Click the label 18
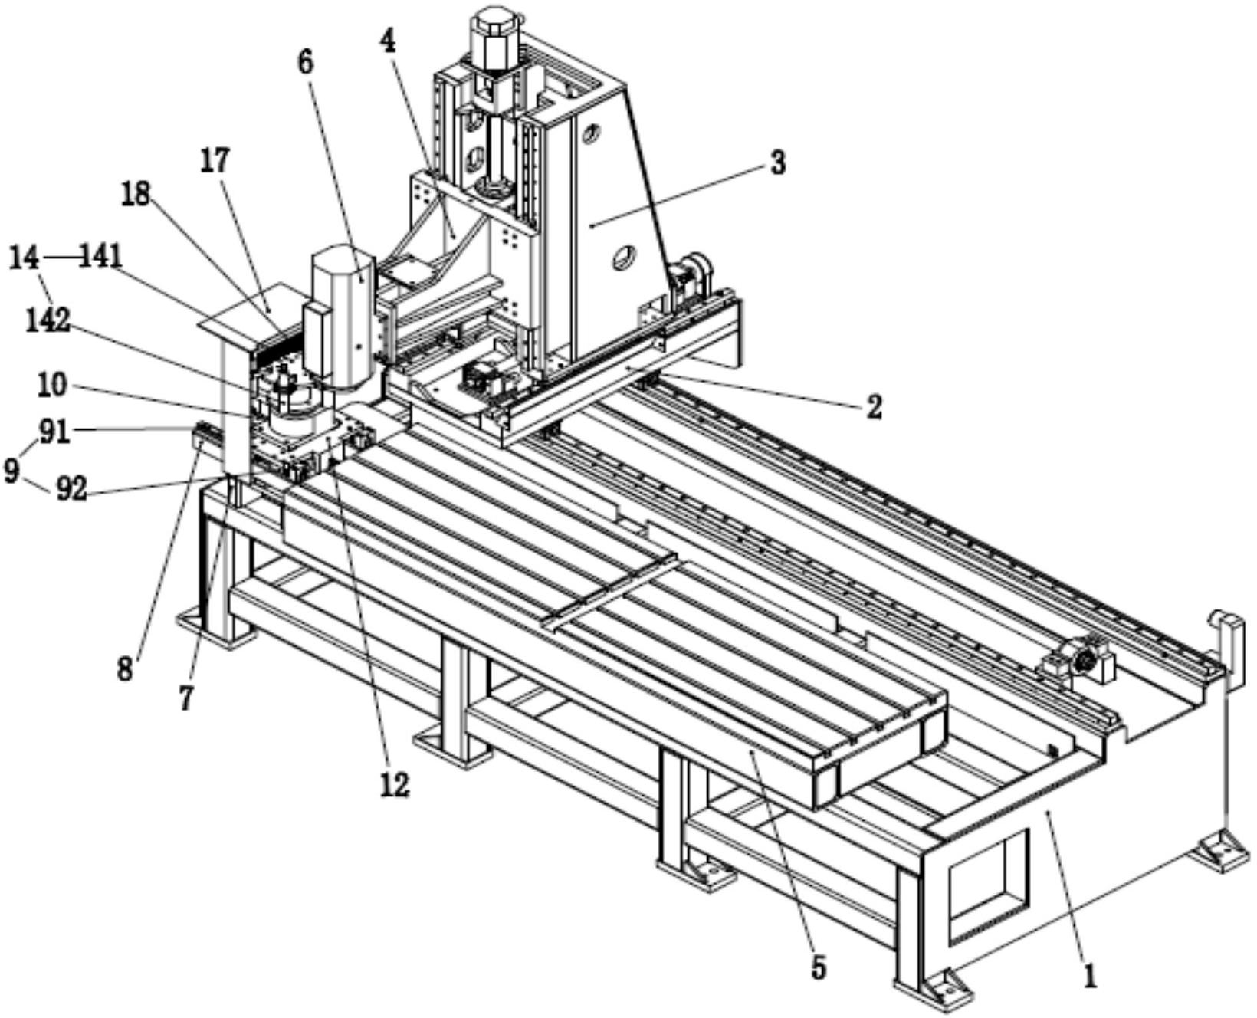(x=136, y=195)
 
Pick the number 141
(x=102, y=258)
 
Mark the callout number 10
(x=53, y=386)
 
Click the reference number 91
(x=54, y=432)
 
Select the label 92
(x=72, y=490)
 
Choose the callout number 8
(x=125, y=669)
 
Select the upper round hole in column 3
(x=589, y=136)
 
